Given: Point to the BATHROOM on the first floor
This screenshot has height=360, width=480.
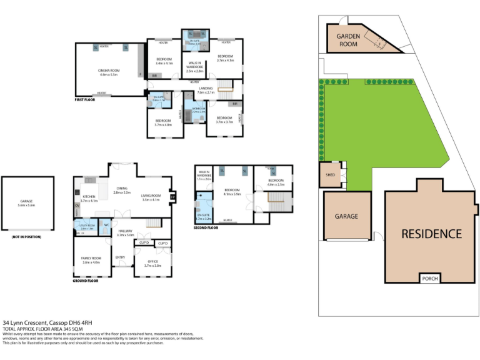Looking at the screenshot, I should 199,110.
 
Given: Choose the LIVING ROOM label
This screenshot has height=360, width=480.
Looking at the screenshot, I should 151,198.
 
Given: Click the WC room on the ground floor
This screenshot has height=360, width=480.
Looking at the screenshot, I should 107,225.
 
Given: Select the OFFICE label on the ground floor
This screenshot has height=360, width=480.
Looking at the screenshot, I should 152,264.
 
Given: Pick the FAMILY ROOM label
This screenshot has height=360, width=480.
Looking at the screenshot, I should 91,261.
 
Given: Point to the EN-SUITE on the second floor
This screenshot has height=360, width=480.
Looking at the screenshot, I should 203,216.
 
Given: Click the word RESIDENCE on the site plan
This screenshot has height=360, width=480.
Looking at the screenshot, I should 431,234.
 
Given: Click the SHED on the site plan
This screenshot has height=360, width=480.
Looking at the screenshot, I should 329,175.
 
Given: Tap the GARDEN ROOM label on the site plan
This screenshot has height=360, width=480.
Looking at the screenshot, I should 348,41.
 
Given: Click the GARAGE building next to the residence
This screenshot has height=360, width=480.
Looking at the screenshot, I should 347,216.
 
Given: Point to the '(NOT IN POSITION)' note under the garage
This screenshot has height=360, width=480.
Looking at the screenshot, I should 25,237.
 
